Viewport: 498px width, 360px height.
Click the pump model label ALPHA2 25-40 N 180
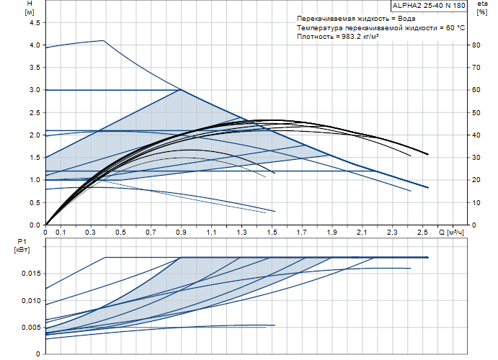pos(429,5)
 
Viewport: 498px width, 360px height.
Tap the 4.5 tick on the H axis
pos(35,23)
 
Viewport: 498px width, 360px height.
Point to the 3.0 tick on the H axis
pos(35,90)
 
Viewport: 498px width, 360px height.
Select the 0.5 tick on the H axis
pos(35,202)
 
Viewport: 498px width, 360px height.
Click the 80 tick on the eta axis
pos(476,45)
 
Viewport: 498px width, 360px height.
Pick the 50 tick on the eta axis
pos(476,112)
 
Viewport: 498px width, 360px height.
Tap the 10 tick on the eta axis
pos(476,202)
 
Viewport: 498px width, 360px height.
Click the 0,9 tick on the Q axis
pos(181,233)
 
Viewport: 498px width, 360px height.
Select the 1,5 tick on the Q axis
pos(272,233)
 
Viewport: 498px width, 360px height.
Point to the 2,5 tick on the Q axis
pos(422,233)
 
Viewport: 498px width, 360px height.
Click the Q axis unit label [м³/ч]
pos(455,233)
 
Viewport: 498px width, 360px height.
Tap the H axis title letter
pos(30,4)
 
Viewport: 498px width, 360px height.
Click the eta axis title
pos(482,4)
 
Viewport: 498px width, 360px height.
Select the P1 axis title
pos(22,242)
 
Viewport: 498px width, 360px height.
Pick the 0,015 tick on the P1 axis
pos(31,274)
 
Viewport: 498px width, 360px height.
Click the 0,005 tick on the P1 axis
pos(31,328)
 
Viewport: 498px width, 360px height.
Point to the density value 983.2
pos(351,37)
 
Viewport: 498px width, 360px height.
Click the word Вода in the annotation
pos(406,19)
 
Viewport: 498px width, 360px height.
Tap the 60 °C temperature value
pos(455,27)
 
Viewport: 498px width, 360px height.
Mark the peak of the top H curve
pos(104,40)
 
